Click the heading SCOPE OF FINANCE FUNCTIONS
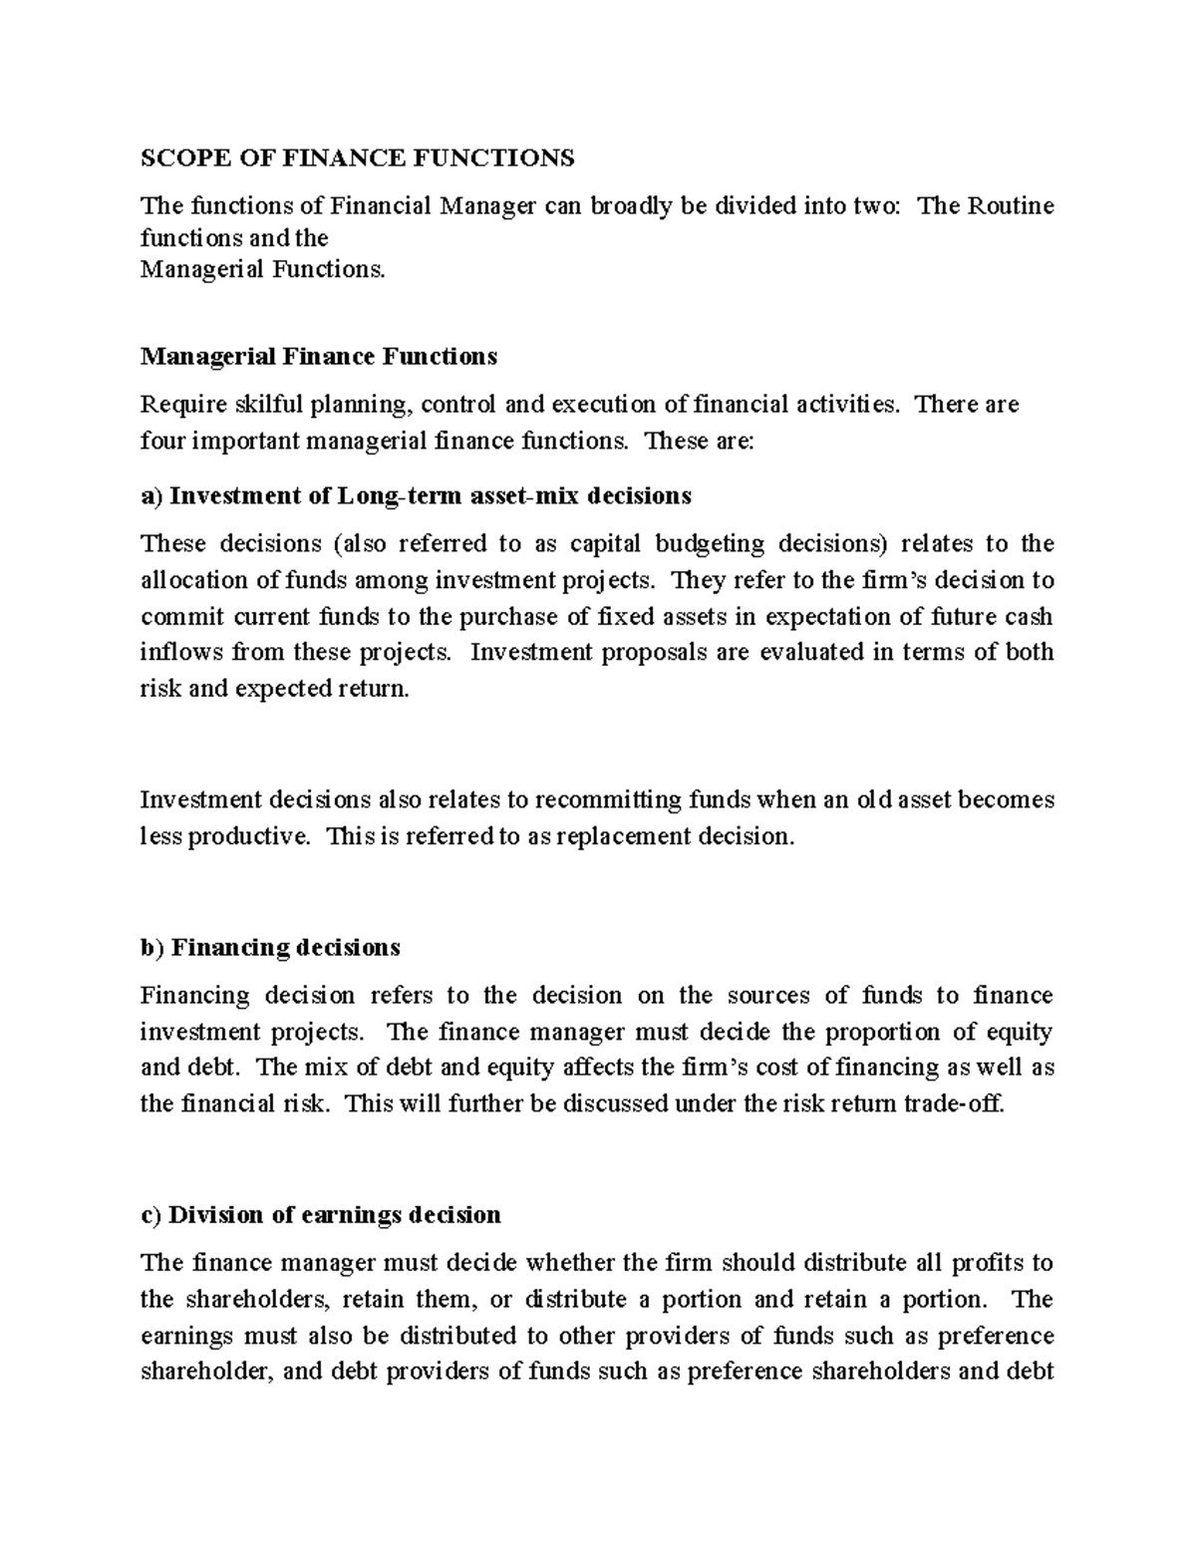tap(358, 157)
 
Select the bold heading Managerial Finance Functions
tap(319, 356)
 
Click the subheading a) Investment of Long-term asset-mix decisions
tap(416, 495)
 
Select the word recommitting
tap(608, 800)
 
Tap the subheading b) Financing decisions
tap(270, 946)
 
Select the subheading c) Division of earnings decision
tap(321, 1215)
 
